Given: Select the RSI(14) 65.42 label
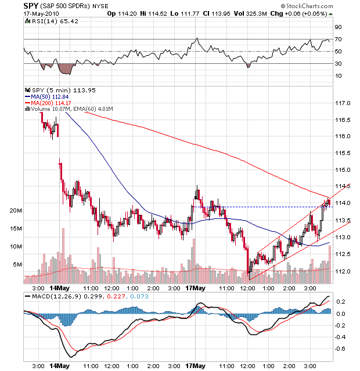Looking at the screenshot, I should coord(48,21).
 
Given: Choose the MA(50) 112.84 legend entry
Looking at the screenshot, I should coord(48,96).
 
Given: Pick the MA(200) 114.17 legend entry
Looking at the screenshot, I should coord(49,103).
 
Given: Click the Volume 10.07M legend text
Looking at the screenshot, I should coord(48,109).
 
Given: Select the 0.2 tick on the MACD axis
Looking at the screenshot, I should coord(342,302).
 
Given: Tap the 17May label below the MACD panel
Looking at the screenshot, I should coord(195,366).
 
